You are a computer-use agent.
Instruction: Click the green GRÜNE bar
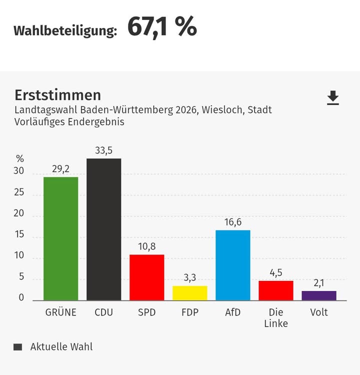pos(60,238)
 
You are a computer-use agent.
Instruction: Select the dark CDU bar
pos(103,229)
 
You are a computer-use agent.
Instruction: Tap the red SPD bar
pos(146,277)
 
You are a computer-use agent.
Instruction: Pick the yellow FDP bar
pos(189,293)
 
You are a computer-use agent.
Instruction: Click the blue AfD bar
pos(233,265)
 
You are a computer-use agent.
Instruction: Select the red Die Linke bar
pos(276,290)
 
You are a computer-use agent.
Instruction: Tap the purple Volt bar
pos(319,295)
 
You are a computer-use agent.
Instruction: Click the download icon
pos(333,98)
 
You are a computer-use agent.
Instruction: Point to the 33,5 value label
pos(103,150)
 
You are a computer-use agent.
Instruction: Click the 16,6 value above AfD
pos(233,222)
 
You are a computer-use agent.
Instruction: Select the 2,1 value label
pos(319,283)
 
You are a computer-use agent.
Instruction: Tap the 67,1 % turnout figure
pos(162,27)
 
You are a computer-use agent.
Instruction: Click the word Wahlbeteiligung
pos(65,30)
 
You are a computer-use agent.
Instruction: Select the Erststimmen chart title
pos(57,95)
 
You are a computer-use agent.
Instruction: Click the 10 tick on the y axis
pos(19,255)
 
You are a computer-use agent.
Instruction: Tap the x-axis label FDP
pos(189,313)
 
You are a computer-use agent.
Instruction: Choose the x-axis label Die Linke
pos(276,318)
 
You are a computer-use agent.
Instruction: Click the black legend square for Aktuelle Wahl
pos(18,347)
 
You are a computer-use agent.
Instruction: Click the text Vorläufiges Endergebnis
pos(69,121)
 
